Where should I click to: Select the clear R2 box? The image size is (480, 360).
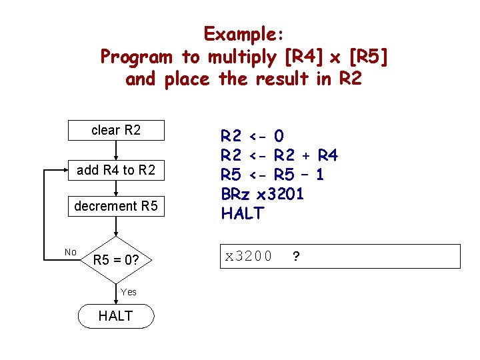(116, 130)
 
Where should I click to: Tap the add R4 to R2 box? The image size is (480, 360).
(116, 170)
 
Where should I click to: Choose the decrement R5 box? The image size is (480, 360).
(116, 207)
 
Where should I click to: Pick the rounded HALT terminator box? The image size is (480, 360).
(116, 316)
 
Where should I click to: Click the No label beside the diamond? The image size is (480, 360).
(71, 252)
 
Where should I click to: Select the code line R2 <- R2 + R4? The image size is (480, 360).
(279, 156)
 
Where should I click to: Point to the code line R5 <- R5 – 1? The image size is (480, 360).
(273, 175)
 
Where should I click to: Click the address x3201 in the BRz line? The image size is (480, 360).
(280, 195)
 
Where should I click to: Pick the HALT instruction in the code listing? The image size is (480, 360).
(243, 214)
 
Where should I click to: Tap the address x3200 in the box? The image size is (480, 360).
(248, 255)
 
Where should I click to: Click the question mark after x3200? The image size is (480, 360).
(295, 255)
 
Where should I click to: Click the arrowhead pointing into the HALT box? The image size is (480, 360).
(116, 302)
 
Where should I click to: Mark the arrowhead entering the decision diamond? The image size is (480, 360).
(116, 233)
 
